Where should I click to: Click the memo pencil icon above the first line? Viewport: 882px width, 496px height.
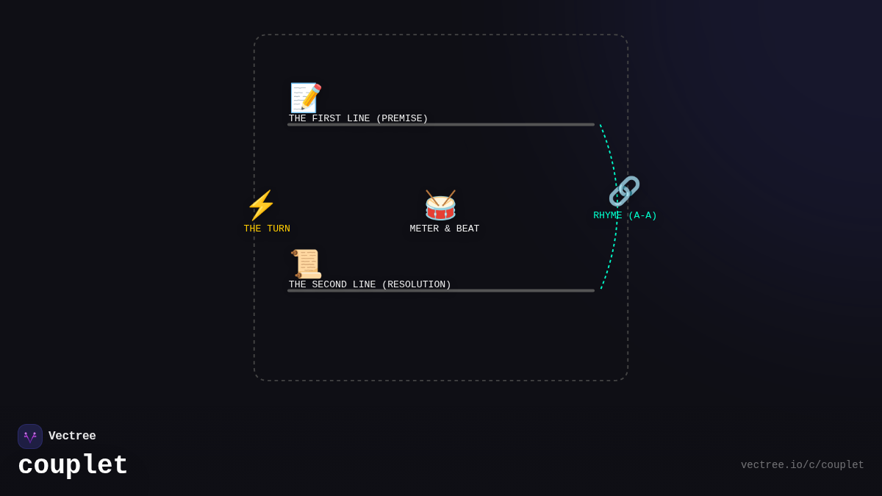coord(306,98)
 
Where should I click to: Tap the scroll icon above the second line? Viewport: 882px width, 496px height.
coord(306,264)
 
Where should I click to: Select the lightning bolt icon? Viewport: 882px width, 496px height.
coord(261,206)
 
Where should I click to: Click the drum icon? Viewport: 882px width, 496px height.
coord(440,206)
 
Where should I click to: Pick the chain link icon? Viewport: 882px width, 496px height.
coord(624,192)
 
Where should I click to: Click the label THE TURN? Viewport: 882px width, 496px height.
coord(267,229)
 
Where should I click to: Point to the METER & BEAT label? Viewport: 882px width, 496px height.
coord(444,229)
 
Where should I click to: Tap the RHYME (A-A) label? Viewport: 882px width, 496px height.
coord(625,216)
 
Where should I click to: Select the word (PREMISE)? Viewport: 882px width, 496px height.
coord(401,119)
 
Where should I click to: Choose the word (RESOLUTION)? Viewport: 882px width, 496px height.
coord(416,285)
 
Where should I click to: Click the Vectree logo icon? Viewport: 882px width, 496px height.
coord(30,436)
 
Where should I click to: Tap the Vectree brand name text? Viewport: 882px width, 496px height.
coord(72,436)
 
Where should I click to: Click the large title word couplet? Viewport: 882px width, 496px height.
coord(73,466)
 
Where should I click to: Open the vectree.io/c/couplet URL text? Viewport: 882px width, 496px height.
coord(802,465)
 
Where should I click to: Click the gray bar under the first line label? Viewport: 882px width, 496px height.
coord(441,125)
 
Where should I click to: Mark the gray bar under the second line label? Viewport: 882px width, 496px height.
coord(441,291)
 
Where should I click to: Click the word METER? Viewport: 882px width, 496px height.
coord(424,229)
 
